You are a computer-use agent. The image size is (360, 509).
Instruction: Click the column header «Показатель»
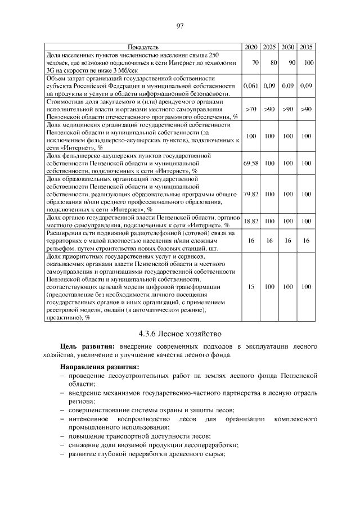[x=143, y=46]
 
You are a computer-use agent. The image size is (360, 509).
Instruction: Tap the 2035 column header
[x=306, y=46]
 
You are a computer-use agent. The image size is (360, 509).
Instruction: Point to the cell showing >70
[x=251, y=109]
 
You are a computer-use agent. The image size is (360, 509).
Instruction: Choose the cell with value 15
[x=251, y=287]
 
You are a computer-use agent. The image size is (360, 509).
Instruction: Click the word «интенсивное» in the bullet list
[x=88, y=420]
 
